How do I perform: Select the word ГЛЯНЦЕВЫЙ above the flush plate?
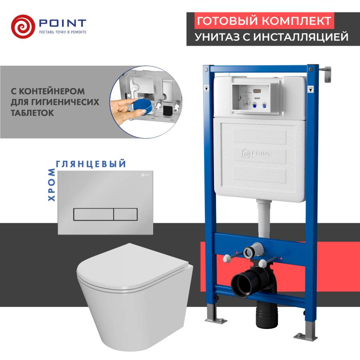tap(92, 164)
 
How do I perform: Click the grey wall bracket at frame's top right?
tap(327, 74)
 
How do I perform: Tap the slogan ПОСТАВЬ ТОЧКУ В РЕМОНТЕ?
tap(62, 32)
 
